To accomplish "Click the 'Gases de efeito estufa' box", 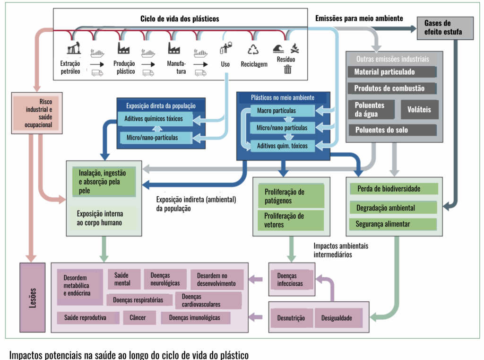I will tap(444, 28).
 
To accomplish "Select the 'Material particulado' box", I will tap(391, 72).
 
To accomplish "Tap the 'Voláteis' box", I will tap(420, 109).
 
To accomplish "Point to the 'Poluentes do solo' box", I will tap(391, 130).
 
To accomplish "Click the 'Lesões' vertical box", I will tap(33, 298).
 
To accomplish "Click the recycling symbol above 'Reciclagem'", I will tap(254, 49).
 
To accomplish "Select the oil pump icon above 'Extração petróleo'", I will tap(74, 48).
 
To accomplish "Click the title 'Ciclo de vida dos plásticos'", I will tap(180, 19).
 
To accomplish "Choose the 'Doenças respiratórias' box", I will tap(138, 300).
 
